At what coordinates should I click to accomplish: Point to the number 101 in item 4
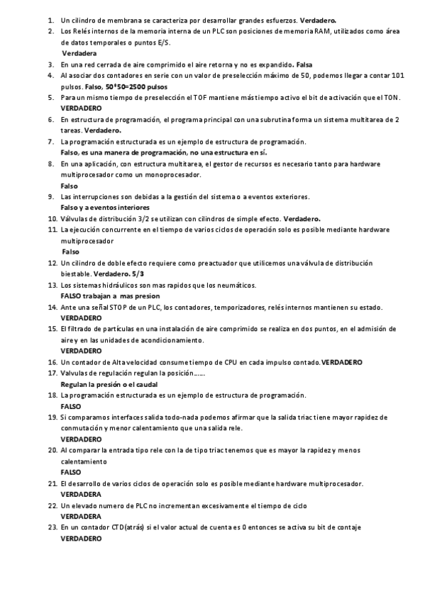(397, 74)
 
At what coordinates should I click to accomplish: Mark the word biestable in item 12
(77, 274)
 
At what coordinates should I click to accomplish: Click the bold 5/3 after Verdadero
(138, 274)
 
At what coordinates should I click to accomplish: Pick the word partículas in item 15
(122, 329)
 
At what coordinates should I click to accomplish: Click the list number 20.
(52, 449)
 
